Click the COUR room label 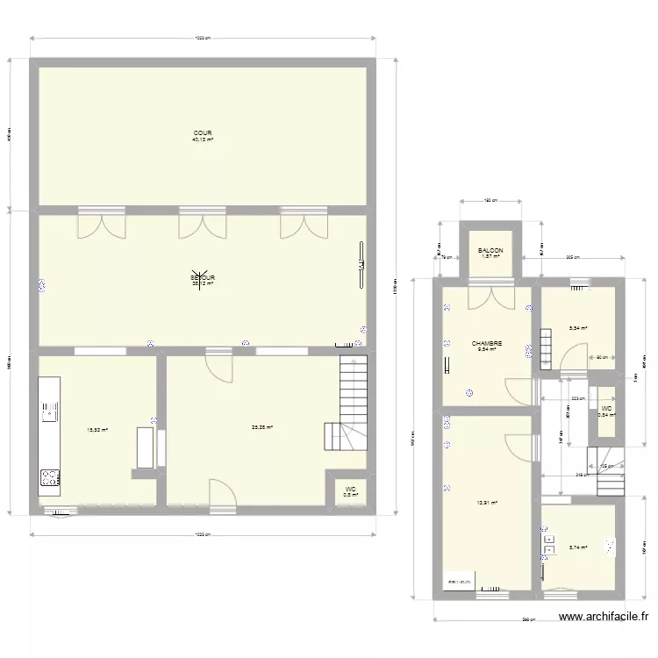[x=203, y=133]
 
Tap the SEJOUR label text [x=203, y=278]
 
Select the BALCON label [x=490, y=251]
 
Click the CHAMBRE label [x=486, y=344]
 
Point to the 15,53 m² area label [x=97, y=429]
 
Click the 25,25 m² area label [x=261, y=428]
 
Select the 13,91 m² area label [x=487, y=503]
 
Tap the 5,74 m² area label [x=577, y=547]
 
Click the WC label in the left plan [x=349, y=490]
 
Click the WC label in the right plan [x=606, y=409]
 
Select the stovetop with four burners [x=48, y=478]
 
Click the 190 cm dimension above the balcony [x=490, y=200]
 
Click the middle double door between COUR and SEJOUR [x=203, y=225]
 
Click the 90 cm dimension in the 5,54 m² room [x=601, y=357]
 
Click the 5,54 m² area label [x=577, y=328]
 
